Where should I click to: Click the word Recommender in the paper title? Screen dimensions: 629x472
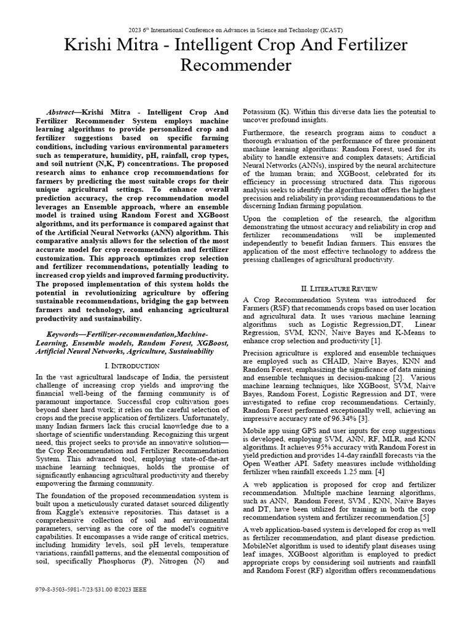[x=235, y=64]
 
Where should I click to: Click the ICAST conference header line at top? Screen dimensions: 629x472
[x=235, y=29]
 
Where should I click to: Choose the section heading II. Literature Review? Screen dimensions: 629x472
[x=339, y=288]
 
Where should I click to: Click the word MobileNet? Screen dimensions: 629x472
[x=265, y=546]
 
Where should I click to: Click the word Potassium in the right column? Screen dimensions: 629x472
[x=264, y=112]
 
